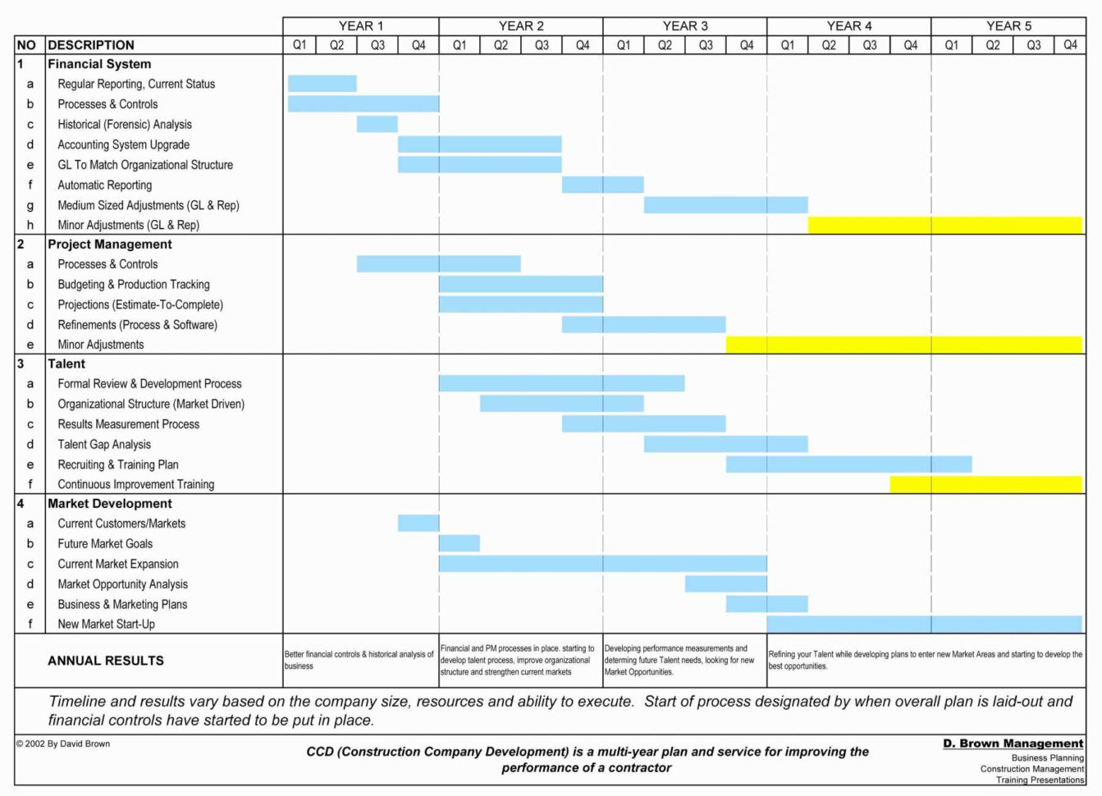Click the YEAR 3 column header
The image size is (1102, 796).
684,26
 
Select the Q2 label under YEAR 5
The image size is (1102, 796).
992,45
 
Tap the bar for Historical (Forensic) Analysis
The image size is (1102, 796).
377,124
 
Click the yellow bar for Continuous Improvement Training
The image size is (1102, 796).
985,484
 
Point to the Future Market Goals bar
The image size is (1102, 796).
459,543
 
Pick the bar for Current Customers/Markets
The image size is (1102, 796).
418,523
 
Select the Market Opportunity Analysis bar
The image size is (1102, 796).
725,583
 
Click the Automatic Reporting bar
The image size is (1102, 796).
602,185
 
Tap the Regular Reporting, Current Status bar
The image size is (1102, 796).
322,84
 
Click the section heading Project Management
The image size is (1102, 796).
109,244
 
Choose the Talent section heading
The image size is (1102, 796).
66,364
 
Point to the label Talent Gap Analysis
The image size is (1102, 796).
104,444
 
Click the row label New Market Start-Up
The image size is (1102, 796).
106,624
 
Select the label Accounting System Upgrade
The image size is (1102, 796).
123,144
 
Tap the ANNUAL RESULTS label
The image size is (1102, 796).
106,661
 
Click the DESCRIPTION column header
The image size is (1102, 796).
91,45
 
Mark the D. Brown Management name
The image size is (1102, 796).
1013,743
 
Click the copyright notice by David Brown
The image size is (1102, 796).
62,743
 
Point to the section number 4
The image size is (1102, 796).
21,503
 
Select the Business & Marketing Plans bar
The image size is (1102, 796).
766,604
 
